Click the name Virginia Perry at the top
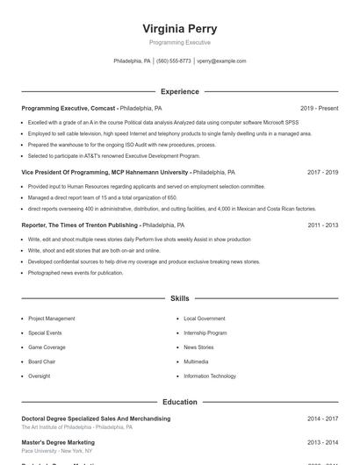pyautogui.click(x=179, y=29)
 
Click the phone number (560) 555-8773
pyautogui.click(x=173, y=61)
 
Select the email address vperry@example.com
pyautogui.click(x=221, y=61)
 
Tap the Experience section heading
pyautogui.click(x=179, y=91)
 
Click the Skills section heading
pyautogui.click(x=179, y=299)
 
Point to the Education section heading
pyautogui.click(x=179, y=402)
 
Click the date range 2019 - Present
pyautogui.click(x=319, y=108)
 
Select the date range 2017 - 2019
pyautogui.click(x=322, y=173)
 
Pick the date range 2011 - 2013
pyautogui.click(x=322, y=225)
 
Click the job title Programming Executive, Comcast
pyautogui.click(x=68, y=108)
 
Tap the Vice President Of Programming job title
pyautogui.click(x=105, y=173)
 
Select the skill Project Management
pyautogui.click(x=52, y=318)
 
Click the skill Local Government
pyautogui.click(x=205, y=318)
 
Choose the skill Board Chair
pyautogui.click(x=41, y=361)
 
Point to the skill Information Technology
pyautogui.click(x=210, y=376)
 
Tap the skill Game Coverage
pyautogui.click(x=47, y=347)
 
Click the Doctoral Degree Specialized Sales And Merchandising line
pyautogui.click(x=96, y=419)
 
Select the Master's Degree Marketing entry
pyautogui.click(x=58, y=443)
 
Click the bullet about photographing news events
pyautogui.click(x=76, y=273)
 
